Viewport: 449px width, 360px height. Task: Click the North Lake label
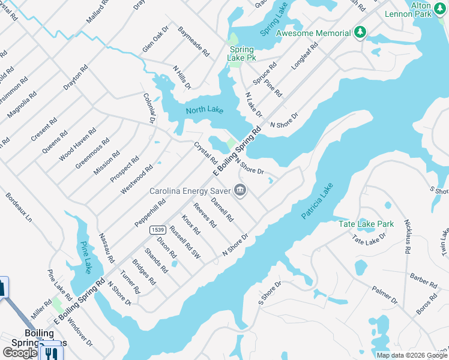tap(204, 110)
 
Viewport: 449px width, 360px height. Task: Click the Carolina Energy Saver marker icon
tap(240, 191)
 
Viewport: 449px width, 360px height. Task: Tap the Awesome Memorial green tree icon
tap(360, 32)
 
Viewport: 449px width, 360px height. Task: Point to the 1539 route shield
tap(158, 229)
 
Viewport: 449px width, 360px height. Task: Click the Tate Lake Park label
tap(366, 224)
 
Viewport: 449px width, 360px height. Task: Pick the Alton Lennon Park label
tap(429, 9)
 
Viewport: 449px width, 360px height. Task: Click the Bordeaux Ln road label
tap(19, 207)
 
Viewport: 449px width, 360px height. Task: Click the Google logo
tap(20, 353)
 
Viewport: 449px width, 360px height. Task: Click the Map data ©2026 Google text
tap(412, 355)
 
